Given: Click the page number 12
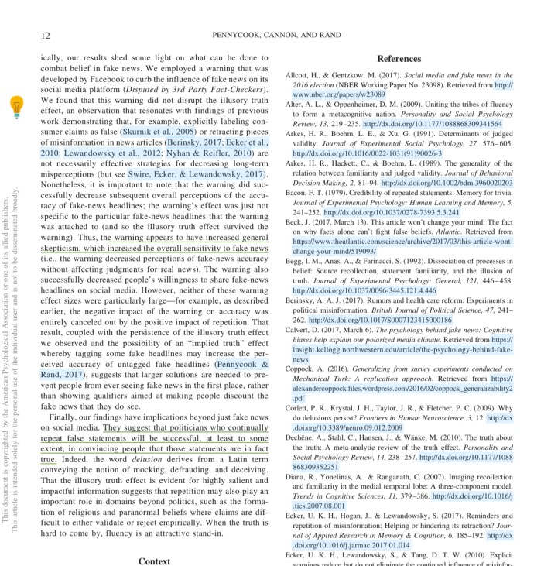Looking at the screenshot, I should coord(46,35).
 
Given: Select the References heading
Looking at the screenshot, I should coord(399,59).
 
